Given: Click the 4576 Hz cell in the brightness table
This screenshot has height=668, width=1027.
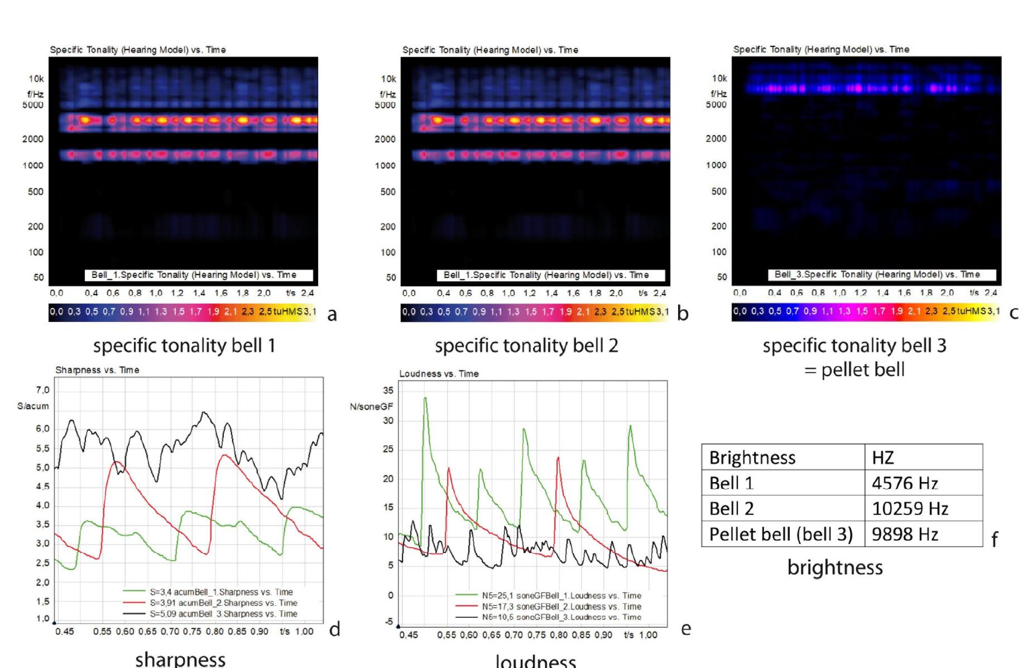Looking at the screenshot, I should coord(904,483).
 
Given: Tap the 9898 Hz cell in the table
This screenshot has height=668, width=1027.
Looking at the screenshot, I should coord(904,534).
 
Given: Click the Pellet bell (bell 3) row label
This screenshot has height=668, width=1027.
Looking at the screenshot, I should coord(781,534).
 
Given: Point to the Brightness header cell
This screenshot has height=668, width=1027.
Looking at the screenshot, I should coord(752,458).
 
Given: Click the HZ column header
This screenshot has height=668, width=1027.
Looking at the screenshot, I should coord(882,458).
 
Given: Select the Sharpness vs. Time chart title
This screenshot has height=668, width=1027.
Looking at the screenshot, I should coord(97,370).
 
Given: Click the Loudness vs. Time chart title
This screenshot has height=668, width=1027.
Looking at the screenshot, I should coord(439,374).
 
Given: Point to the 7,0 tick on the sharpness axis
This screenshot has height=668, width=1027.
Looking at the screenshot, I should coord(42,390).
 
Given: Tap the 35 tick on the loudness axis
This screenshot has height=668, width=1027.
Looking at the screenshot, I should coord(387,390).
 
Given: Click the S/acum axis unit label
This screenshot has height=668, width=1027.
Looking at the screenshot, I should coord(33,406).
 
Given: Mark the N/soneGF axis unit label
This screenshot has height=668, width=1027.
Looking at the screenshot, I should coord(371,407).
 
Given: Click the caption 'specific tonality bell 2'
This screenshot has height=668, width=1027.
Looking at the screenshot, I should coord(526,346).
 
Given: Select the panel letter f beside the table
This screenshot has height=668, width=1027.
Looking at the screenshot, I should coord(994,539).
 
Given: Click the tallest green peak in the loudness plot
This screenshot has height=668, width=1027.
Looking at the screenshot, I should coord(425,398).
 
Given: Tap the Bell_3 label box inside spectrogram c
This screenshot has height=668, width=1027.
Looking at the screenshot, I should coord(877,275).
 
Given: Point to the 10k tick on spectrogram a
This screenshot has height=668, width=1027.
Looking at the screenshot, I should coord(36,79).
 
